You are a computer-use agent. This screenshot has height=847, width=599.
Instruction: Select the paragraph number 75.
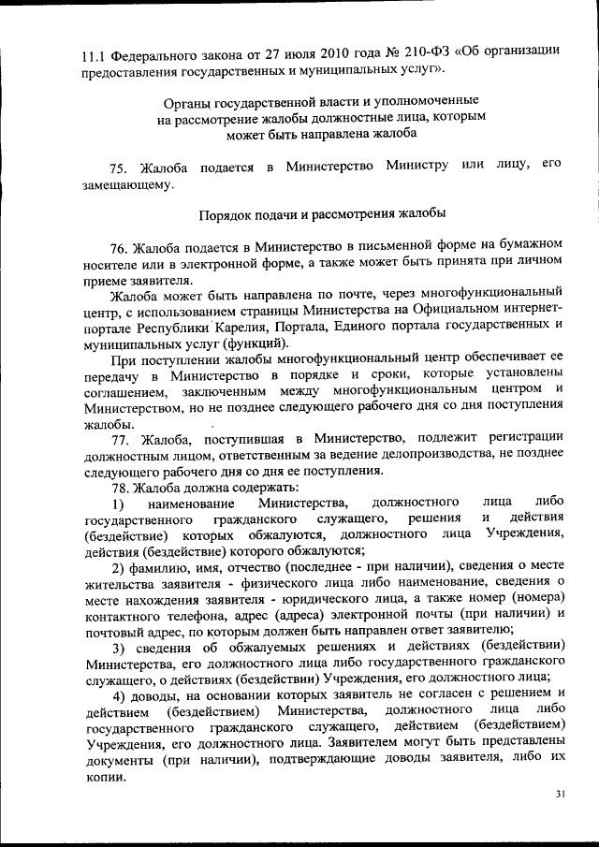pos(119,168)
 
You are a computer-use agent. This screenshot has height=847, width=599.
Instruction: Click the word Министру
pos(413,167)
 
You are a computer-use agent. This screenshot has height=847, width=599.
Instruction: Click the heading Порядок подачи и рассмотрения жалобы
pos(323,214)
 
